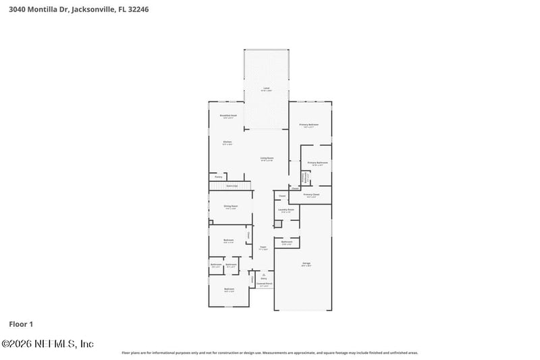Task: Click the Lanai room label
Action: pos(267,89)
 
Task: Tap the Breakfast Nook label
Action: pos(228,116)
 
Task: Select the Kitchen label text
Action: pos(227,143)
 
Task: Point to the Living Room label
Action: pos(267,159)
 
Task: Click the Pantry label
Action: pos(218,177)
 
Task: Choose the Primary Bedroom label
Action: pos(309,126)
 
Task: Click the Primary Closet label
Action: pos(311,195)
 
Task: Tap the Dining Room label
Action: pos(231,207)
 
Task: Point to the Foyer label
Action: pos(263,248)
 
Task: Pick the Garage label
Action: pos(306,263)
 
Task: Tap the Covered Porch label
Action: pos(264,284)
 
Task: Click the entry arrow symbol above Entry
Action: pos(263,274)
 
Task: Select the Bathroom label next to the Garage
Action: pos(286,242)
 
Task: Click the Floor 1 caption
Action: pos(21,324)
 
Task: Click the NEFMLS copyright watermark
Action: pos(47,344)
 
